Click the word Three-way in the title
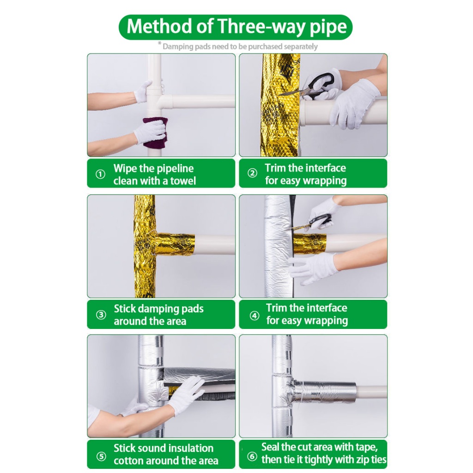(x=261, y=26)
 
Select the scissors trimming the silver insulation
(x=314, y=221)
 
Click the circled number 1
(x=100, y=174)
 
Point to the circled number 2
(x=252, y=173)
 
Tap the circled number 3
(x=101, y=315)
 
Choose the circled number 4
(x=255, y=315)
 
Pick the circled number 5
(x=101, y=456)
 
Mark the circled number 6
(x=252, y=456)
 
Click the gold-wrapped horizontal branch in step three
(x=175, y=245)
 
